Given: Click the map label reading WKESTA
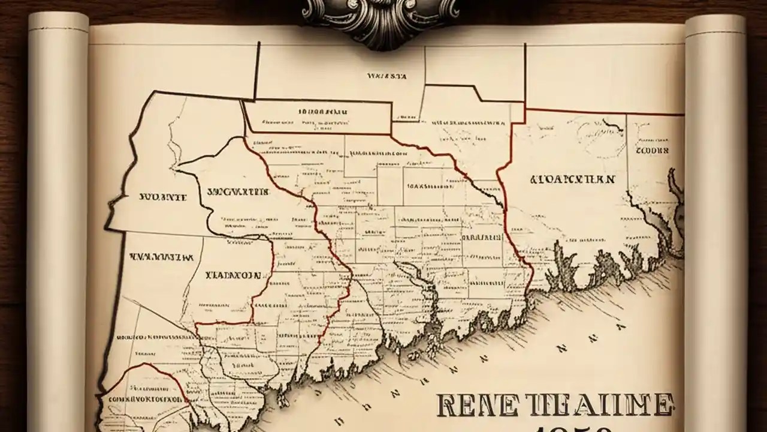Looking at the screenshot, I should tap(387, 77).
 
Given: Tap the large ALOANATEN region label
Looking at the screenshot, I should tap(572, 179).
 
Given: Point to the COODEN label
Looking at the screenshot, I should tap(652, 151).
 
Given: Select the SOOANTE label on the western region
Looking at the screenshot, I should tap(163, 196).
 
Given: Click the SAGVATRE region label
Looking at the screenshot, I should tap(238, 193).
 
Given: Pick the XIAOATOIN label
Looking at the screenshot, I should tap(233, 275).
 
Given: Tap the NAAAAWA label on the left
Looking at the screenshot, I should tap(161, 256).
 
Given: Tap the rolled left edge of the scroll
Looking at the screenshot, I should tap(58, 228).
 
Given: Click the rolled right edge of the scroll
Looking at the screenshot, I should tap(715, 228).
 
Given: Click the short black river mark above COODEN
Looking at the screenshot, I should tap(613, 125).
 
